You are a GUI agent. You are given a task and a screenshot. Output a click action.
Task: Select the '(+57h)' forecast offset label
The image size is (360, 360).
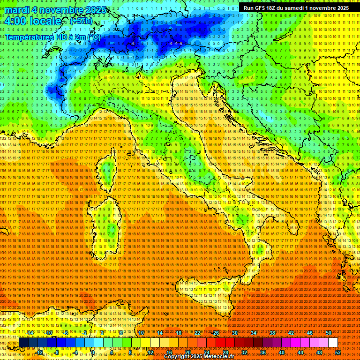click(81, 22)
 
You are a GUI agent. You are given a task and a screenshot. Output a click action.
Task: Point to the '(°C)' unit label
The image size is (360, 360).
click(93, 37)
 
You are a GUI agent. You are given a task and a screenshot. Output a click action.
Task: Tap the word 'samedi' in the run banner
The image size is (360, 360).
click(305, 8)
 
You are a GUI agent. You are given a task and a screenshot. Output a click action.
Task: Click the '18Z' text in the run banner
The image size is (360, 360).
click(273, 8)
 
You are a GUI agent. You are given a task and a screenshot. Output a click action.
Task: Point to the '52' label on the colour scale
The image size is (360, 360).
click(338, 352)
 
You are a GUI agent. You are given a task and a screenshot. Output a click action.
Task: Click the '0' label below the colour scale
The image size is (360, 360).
click(93, 352)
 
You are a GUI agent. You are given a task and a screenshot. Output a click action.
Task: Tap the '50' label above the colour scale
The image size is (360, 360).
click(329, 333)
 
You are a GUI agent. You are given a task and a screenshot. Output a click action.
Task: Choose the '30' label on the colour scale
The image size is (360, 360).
click(235, 333)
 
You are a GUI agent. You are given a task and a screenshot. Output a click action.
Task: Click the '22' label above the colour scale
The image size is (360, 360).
click(197, 333)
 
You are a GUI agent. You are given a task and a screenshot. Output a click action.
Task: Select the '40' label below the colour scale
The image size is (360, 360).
click(282, 352)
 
